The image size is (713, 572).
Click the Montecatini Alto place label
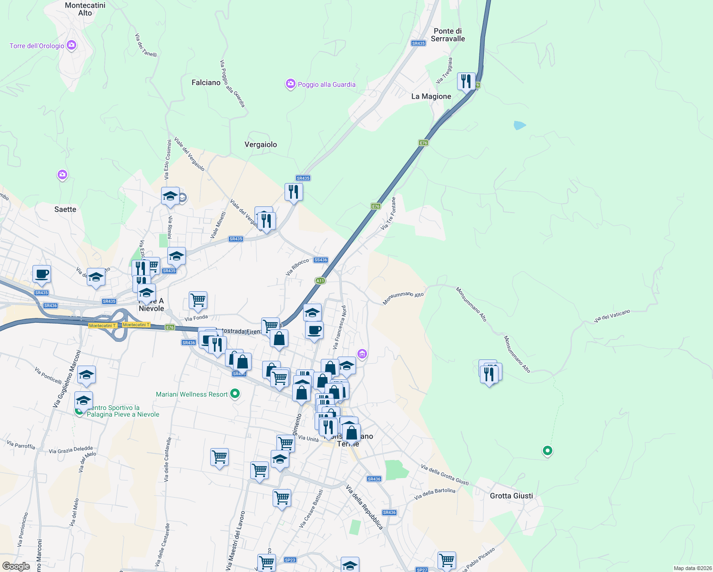[85, 9]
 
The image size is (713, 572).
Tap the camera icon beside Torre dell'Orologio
[71, 45]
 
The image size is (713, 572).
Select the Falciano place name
[206, 82]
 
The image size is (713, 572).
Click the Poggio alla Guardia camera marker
[290, 84]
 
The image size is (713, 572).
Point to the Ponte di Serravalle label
[448, 35]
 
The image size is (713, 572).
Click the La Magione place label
[431, 96]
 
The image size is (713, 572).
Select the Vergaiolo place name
[260, 144]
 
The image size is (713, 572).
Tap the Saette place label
[65, 209]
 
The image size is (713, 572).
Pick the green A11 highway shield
[320, 281]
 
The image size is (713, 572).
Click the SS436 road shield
[321, 260]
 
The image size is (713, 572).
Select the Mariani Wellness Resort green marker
[234, 394]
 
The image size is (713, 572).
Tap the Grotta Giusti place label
[511, 496]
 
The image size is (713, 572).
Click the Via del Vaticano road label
[612, 316]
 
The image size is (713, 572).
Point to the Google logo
[16, 566]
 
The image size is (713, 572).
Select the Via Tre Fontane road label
[388, 214]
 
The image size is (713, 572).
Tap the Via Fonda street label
[196, 318]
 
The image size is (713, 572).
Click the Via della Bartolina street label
[435, 494]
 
